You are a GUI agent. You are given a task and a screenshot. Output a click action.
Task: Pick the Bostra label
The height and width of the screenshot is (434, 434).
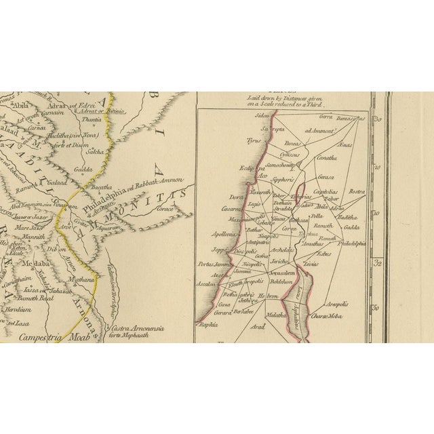click(x=357, y=192)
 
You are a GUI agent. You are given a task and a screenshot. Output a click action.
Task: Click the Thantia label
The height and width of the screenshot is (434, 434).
click(x=91, y=119)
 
